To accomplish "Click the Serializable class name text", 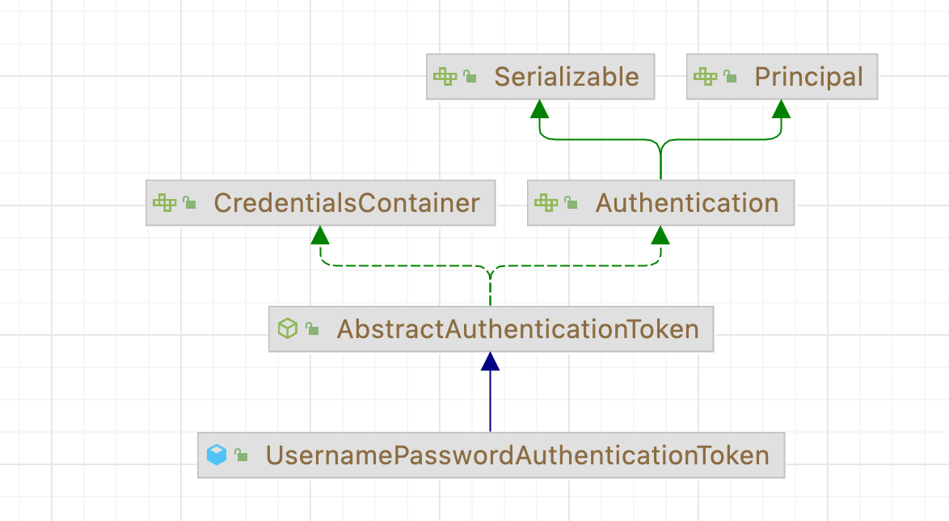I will pos(566,77).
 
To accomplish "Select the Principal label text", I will pos(808,77).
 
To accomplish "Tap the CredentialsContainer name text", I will pos(347,203).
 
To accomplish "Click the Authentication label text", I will pos(687,203).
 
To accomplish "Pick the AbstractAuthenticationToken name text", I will pos(517,329).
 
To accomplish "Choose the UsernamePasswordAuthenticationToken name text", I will pos(517,455).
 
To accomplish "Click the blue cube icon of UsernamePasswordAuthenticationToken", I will pos(217,455).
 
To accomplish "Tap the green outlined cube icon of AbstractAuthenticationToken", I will pos(288,329).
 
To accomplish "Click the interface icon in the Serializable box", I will pos(445,77).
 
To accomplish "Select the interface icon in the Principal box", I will pos(705,77).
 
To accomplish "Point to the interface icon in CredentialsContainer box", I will pos(164,203).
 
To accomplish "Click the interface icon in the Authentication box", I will pos(546,203).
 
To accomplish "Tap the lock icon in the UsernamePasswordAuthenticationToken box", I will pos(241,455).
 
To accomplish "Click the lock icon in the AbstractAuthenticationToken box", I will pos(312,329).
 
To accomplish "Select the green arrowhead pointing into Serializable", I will pos(540,109).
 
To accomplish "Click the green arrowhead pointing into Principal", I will pos(781,109).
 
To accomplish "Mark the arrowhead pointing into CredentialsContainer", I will pos(320,235).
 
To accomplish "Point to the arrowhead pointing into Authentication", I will pos(660,235).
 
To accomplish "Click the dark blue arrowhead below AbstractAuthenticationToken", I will pos(490,362).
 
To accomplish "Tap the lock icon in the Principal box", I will pos(730,77).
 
